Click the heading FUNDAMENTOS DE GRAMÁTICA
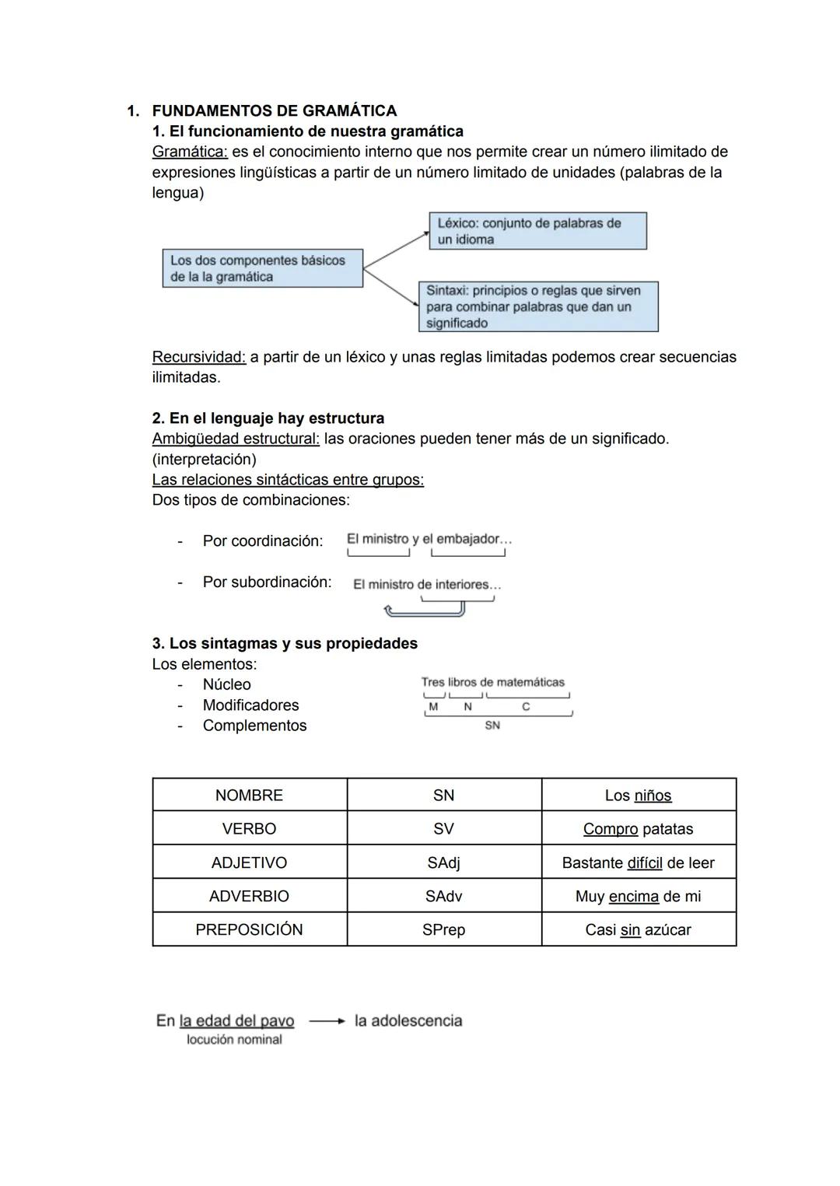tap(274, 110)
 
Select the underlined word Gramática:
tap(190, 152)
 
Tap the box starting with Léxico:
tap(537, 231)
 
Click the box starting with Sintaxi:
tap(537, 306)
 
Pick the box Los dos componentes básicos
tap(262, 268)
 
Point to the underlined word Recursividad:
tap(199, 357)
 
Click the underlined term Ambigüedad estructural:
tap(236, 439)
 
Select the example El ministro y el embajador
tap(429, 539)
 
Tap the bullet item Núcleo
tap(226, 684)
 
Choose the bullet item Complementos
tap(254, 726)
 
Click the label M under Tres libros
tap(433, 707)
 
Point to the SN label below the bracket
tap(492, 725)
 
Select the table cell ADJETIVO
tap(249, 862)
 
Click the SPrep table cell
tap(443, 929)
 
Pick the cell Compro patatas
tap(638, 829)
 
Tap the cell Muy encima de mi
tap(638, 896)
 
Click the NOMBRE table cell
tap(249, 796)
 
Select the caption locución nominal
tap(234, 1040)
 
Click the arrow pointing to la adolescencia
tap(326, 1021)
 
